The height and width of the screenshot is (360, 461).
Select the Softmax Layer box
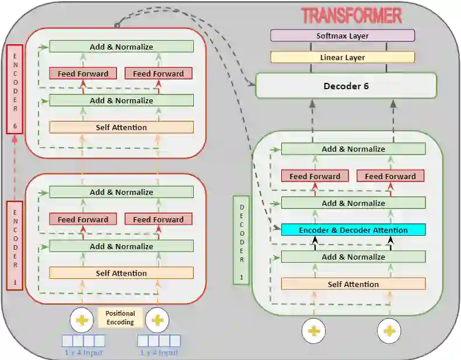click(x=343, y=36)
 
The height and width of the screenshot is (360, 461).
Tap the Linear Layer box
click(x=343, y=57)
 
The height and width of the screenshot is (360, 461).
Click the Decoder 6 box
click(x=346, y=86)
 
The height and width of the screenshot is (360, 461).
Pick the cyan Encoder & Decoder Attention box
click(x=353, y=230)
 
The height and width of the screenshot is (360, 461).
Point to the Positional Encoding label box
click(x=120, y=318)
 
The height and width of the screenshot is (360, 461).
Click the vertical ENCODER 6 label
click(x=15, y=89)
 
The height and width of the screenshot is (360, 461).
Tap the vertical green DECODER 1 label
click(x=242, y=240)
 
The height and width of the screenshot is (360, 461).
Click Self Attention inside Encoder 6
click(x=121, y=127)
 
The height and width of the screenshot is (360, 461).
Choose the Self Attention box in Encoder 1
click(x=121, y=273)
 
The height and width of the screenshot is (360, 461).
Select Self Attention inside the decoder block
click(x=353, y=284)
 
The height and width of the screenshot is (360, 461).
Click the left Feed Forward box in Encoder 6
click(x=83, y=74)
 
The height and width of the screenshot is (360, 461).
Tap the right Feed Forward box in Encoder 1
click(x=159, y=219)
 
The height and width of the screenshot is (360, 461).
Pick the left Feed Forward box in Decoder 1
click(x=315, y=176)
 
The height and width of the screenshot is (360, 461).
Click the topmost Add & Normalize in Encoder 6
click(x=121, y=47)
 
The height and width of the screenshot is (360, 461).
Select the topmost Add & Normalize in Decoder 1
click(x=353, y=149)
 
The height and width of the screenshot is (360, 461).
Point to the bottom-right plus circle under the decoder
click(x=389, y=331)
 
